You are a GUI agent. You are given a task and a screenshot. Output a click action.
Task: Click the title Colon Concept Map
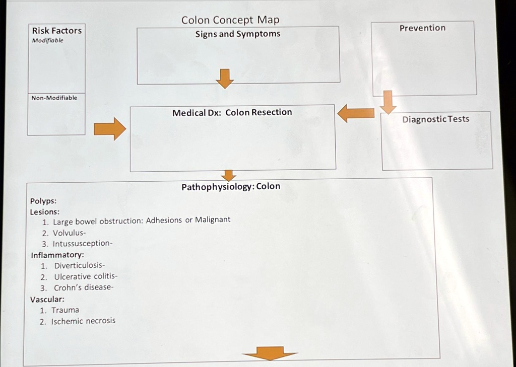pyautogui.click(x=230, y=20)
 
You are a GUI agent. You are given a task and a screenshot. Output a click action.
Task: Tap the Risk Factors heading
pyautogui.click(x=56, y=31)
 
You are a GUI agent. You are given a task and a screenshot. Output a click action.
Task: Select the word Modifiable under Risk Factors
pyautogui.click(x=48, y=40)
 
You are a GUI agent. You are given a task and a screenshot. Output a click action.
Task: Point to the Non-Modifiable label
pyautogui.click(x=54, y=98)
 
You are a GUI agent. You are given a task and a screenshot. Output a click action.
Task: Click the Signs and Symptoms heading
pyautogui.click(x=238, y=34)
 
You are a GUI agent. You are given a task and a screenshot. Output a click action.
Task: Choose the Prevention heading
pyautogui.click(x=422, y=28)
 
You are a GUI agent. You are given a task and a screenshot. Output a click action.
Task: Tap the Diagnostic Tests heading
pyautogui.click(x=435, y=119)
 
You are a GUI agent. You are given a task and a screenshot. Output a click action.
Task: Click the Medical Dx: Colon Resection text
pyautogui.click(x=232, y=112)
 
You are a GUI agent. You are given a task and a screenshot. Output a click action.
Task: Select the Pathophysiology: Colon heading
pyautogui.click(x=231, y=186)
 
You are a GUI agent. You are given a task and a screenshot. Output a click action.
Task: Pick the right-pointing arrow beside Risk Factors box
pyautogui.click(x=109, y=129)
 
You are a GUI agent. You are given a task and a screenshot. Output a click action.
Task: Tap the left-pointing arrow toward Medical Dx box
pyautogui.click(x=356, y=113)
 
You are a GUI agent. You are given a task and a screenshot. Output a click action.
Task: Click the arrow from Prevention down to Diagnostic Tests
pyautogui.click(x=388, y=102)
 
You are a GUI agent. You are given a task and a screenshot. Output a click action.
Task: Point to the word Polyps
pyautogui.click(x=43, y=201)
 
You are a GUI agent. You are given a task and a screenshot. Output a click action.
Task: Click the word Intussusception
pyautogui.click(x=82, y=243)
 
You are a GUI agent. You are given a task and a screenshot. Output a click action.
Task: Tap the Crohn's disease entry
pyautogui.click(x=84, y=287)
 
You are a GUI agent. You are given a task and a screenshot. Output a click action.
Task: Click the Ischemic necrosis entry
pyautogui.click(x=83, y=321)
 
